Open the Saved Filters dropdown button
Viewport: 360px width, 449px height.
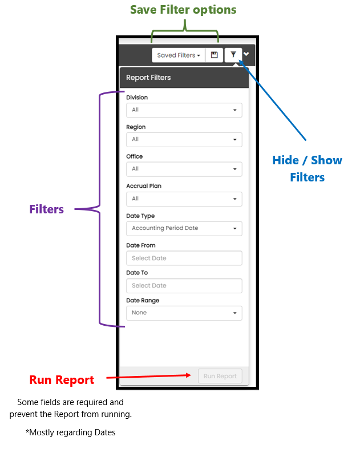pyautogui.click(x=179, y=55)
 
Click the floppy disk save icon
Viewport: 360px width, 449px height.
pyautogui.click(x=214, y=55)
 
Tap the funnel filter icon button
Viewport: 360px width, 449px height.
pyautogui.click(x=233, y=55)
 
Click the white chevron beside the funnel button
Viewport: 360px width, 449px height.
pyautogui.click(x=246, y=54)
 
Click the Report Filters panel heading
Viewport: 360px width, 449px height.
pyautogui.click(x=148, y=78)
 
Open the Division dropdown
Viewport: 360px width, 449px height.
pyautogui.click(x=184, y=110)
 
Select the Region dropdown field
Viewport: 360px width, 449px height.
pyautogui.click(x=184, y=140)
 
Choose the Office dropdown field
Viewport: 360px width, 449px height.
pyautogui.click(x=184, y=169)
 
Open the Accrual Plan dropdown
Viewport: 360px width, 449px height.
pyautogui.click(x=184, y=199)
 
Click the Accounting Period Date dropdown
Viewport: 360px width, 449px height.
pyautogui.click(x=184, y=229)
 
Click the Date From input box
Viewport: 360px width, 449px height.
pyautogui.click(x=184, y=258)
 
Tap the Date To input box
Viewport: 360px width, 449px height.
pyautogui.click(x=184, y=286)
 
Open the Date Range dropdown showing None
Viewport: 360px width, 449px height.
pyautogui.click(x=184, y=313)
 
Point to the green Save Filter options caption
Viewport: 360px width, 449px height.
pyautogui.click(x=183, y=10)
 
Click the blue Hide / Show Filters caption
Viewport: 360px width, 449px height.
pyautogui.click(x=308, y=169)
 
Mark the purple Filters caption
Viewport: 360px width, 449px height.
pyautogui.click(x=47, y=209)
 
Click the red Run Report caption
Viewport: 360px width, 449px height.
pyautogui.click(x=62, y=380)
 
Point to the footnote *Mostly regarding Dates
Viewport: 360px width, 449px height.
pyautogui.click(x=70, y=432)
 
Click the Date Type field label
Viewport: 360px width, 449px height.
pyautogui.click(x=140, y=216)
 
